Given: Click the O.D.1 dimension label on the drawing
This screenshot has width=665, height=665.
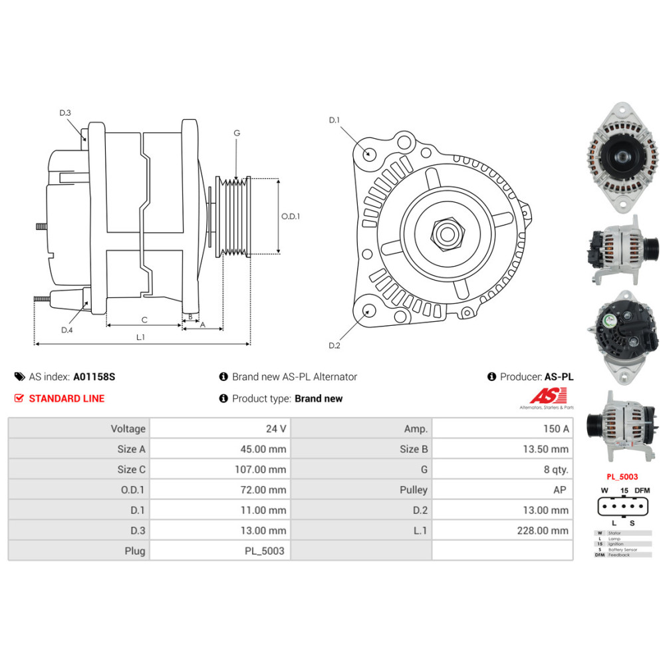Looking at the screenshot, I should click(291, 216).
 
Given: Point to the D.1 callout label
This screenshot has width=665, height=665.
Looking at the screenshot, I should click(334, 120).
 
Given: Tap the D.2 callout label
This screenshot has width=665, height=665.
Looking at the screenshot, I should click(334, 345).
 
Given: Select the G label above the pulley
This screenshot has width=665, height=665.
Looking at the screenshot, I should click(237, 133).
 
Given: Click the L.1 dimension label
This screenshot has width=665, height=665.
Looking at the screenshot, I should click(140, 337).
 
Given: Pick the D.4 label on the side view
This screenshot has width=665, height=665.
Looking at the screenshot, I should click(66, 330).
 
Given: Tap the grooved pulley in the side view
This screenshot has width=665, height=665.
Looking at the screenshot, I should click(233, 216).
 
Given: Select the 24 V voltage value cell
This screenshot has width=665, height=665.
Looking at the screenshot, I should click(275, 429).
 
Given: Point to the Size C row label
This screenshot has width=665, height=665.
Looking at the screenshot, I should click(131, 469).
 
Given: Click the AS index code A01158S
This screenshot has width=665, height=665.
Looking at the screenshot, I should click(94, 376).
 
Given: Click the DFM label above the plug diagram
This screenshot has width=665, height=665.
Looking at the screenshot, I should click(642, 490).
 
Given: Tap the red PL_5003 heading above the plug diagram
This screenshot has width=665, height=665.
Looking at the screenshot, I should click(622, 476).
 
